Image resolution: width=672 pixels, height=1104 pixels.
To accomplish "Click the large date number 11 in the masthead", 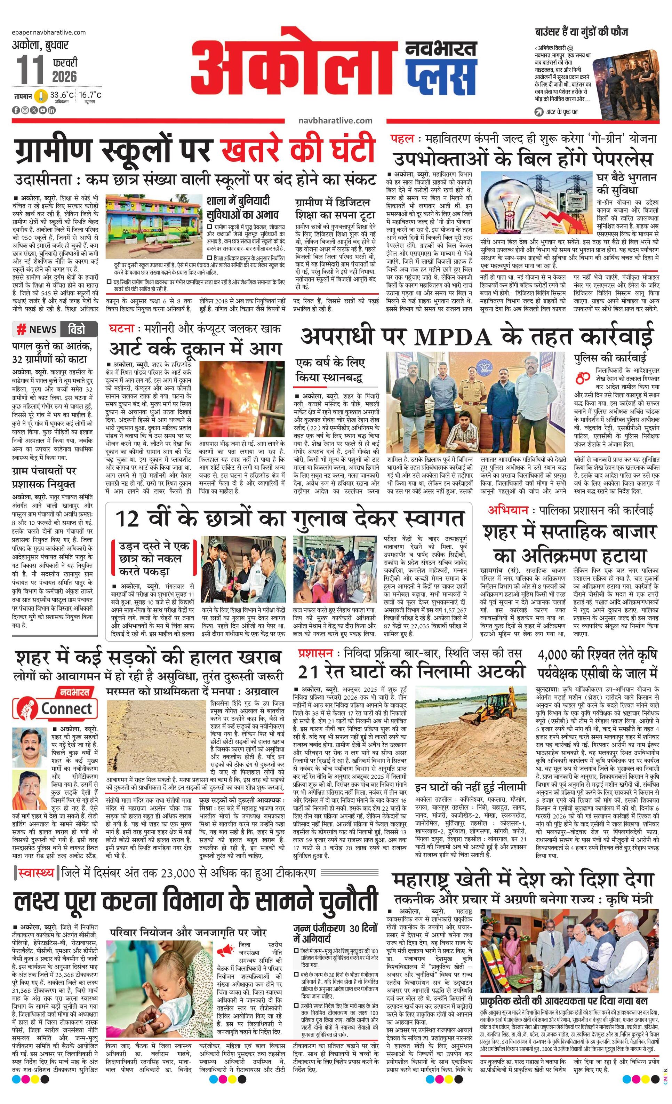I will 31,70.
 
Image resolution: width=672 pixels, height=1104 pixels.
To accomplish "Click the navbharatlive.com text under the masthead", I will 335,120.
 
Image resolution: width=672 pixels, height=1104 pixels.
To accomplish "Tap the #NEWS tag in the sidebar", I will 37,329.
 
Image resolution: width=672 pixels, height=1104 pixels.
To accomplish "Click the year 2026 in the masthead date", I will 64,76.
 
